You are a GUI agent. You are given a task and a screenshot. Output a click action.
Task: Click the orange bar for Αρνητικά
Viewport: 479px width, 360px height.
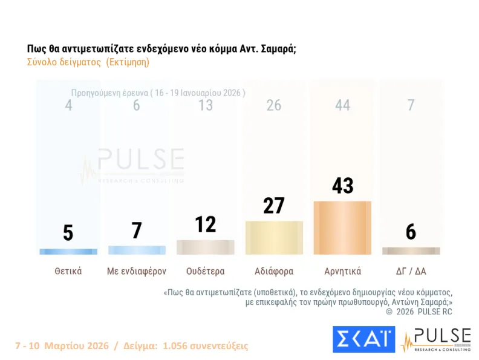(x=342, y=227)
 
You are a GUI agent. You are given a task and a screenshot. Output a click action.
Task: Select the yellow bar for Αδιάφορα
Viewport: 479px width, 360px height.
(x=274, y=238)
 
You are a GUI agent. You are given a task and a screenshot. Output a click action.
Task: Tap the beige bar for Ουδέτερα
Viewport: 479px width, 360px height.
(x=205, y=247)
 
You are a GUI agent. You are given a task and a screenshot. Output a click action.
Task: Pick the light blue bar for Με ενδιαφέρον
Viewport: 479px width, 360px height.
(x=137, y=250)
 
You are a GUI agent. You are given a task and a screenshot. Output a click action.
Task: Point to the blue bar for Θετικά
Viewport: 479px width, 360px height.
(x=68, y=251)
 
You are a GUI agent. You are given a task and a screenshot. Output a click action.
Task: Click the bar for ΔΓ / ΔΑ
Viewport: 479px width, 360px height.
(x=411, y=250)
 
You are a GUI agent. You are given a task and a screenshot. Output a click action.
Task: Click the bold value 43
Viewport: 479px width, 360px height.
(x=342, y=186)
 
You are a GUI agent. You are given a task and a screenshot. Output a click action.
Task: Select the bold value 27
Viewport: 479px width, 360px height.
(x=274, y=206)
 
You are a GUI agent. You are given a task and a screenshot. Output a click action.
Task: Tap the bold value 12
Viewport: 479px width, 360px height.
(x=205, y=224)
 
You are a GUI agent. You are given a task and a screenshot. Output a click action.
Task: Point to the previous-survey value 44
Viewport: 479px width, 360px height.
(x=342, y=105)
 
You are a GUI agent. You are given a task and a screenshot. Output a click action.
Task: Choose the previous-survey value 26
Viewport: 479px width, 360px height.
(x=274, y=105)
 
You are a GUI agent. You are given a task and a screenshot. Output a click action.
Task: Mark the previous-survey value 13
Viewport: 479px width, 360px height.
(x=205, y=105)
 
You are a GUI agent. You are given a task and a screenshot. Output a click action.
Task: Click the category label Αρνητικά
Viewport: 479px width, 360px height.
(x=342, y=271)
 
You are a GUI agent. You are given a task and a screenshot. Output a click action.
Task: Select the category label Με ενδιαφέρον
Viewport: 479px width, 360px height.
(x=137, y=271)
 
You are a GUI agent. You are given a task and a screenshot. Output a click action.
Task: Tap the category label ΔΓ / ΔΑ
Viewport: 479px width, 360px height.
(x=411, y=271)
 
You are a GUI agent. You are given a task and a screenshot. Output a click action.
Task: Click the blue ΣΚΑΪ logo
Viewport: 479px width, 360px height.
(x=363, y=339)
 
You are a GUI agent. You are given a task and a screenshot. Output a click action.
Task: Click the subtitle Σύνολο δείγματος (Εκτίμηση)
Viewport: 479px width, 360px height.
(x=88, y=62)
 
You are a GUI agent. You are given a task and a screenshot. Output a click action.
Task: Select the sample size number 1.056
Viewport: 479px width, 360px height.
(x=172, y=346)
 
